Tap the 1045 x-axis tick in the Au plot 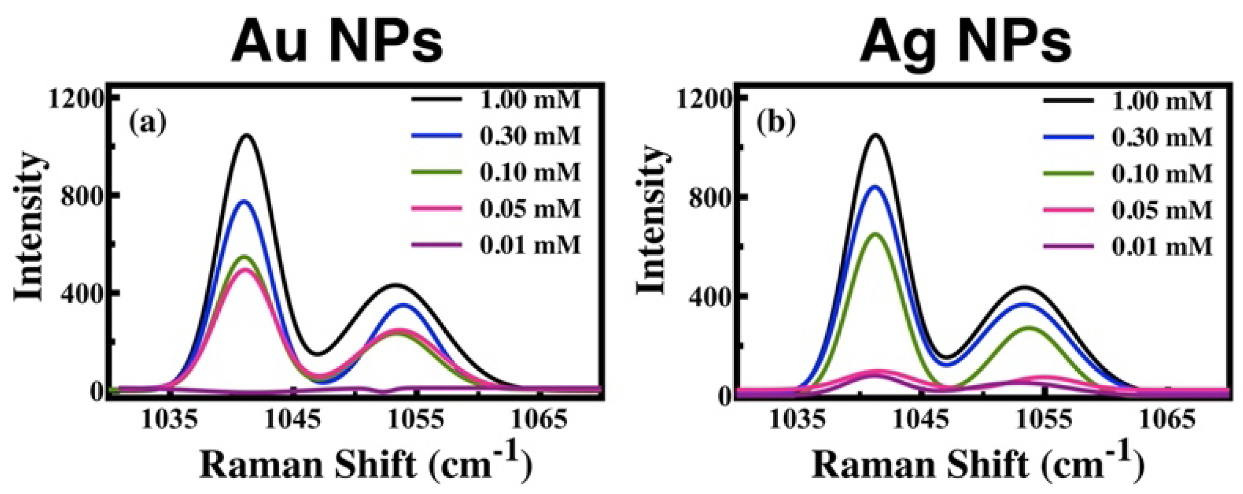pos(292,419)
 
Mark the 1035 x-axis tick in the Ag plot pos(797,419)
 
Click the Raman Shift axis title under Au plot pos(366,463)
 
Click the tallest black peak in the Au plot pos(246,136)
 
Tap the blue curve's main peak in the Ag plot pos(875,187)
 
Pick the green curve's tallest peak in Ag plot pos(875,235)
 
